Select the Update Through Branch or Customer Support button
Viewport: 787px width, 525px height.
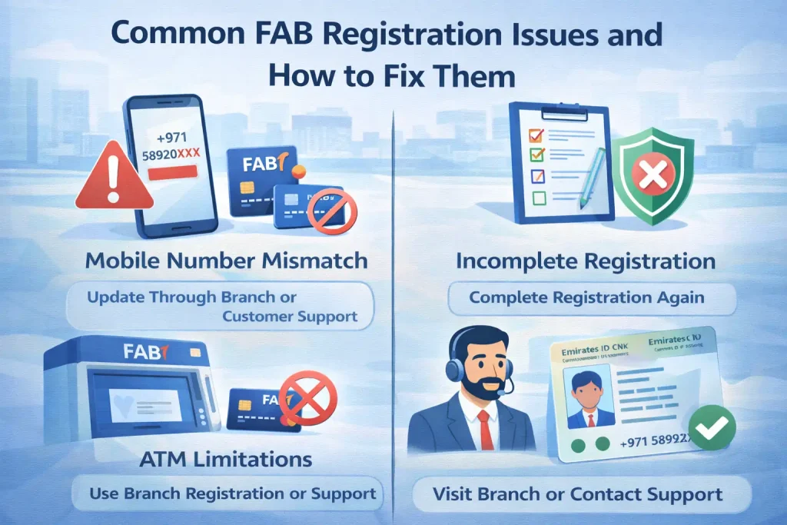click(x=219, y=306)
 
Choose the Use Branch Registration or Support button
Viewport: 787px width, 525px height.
click(x=224, y=493)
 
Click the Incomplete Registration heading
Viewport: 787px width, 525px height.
click(x=586, y=261)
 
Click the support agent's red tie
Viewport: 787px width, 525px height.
click(x=484, y=430)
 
